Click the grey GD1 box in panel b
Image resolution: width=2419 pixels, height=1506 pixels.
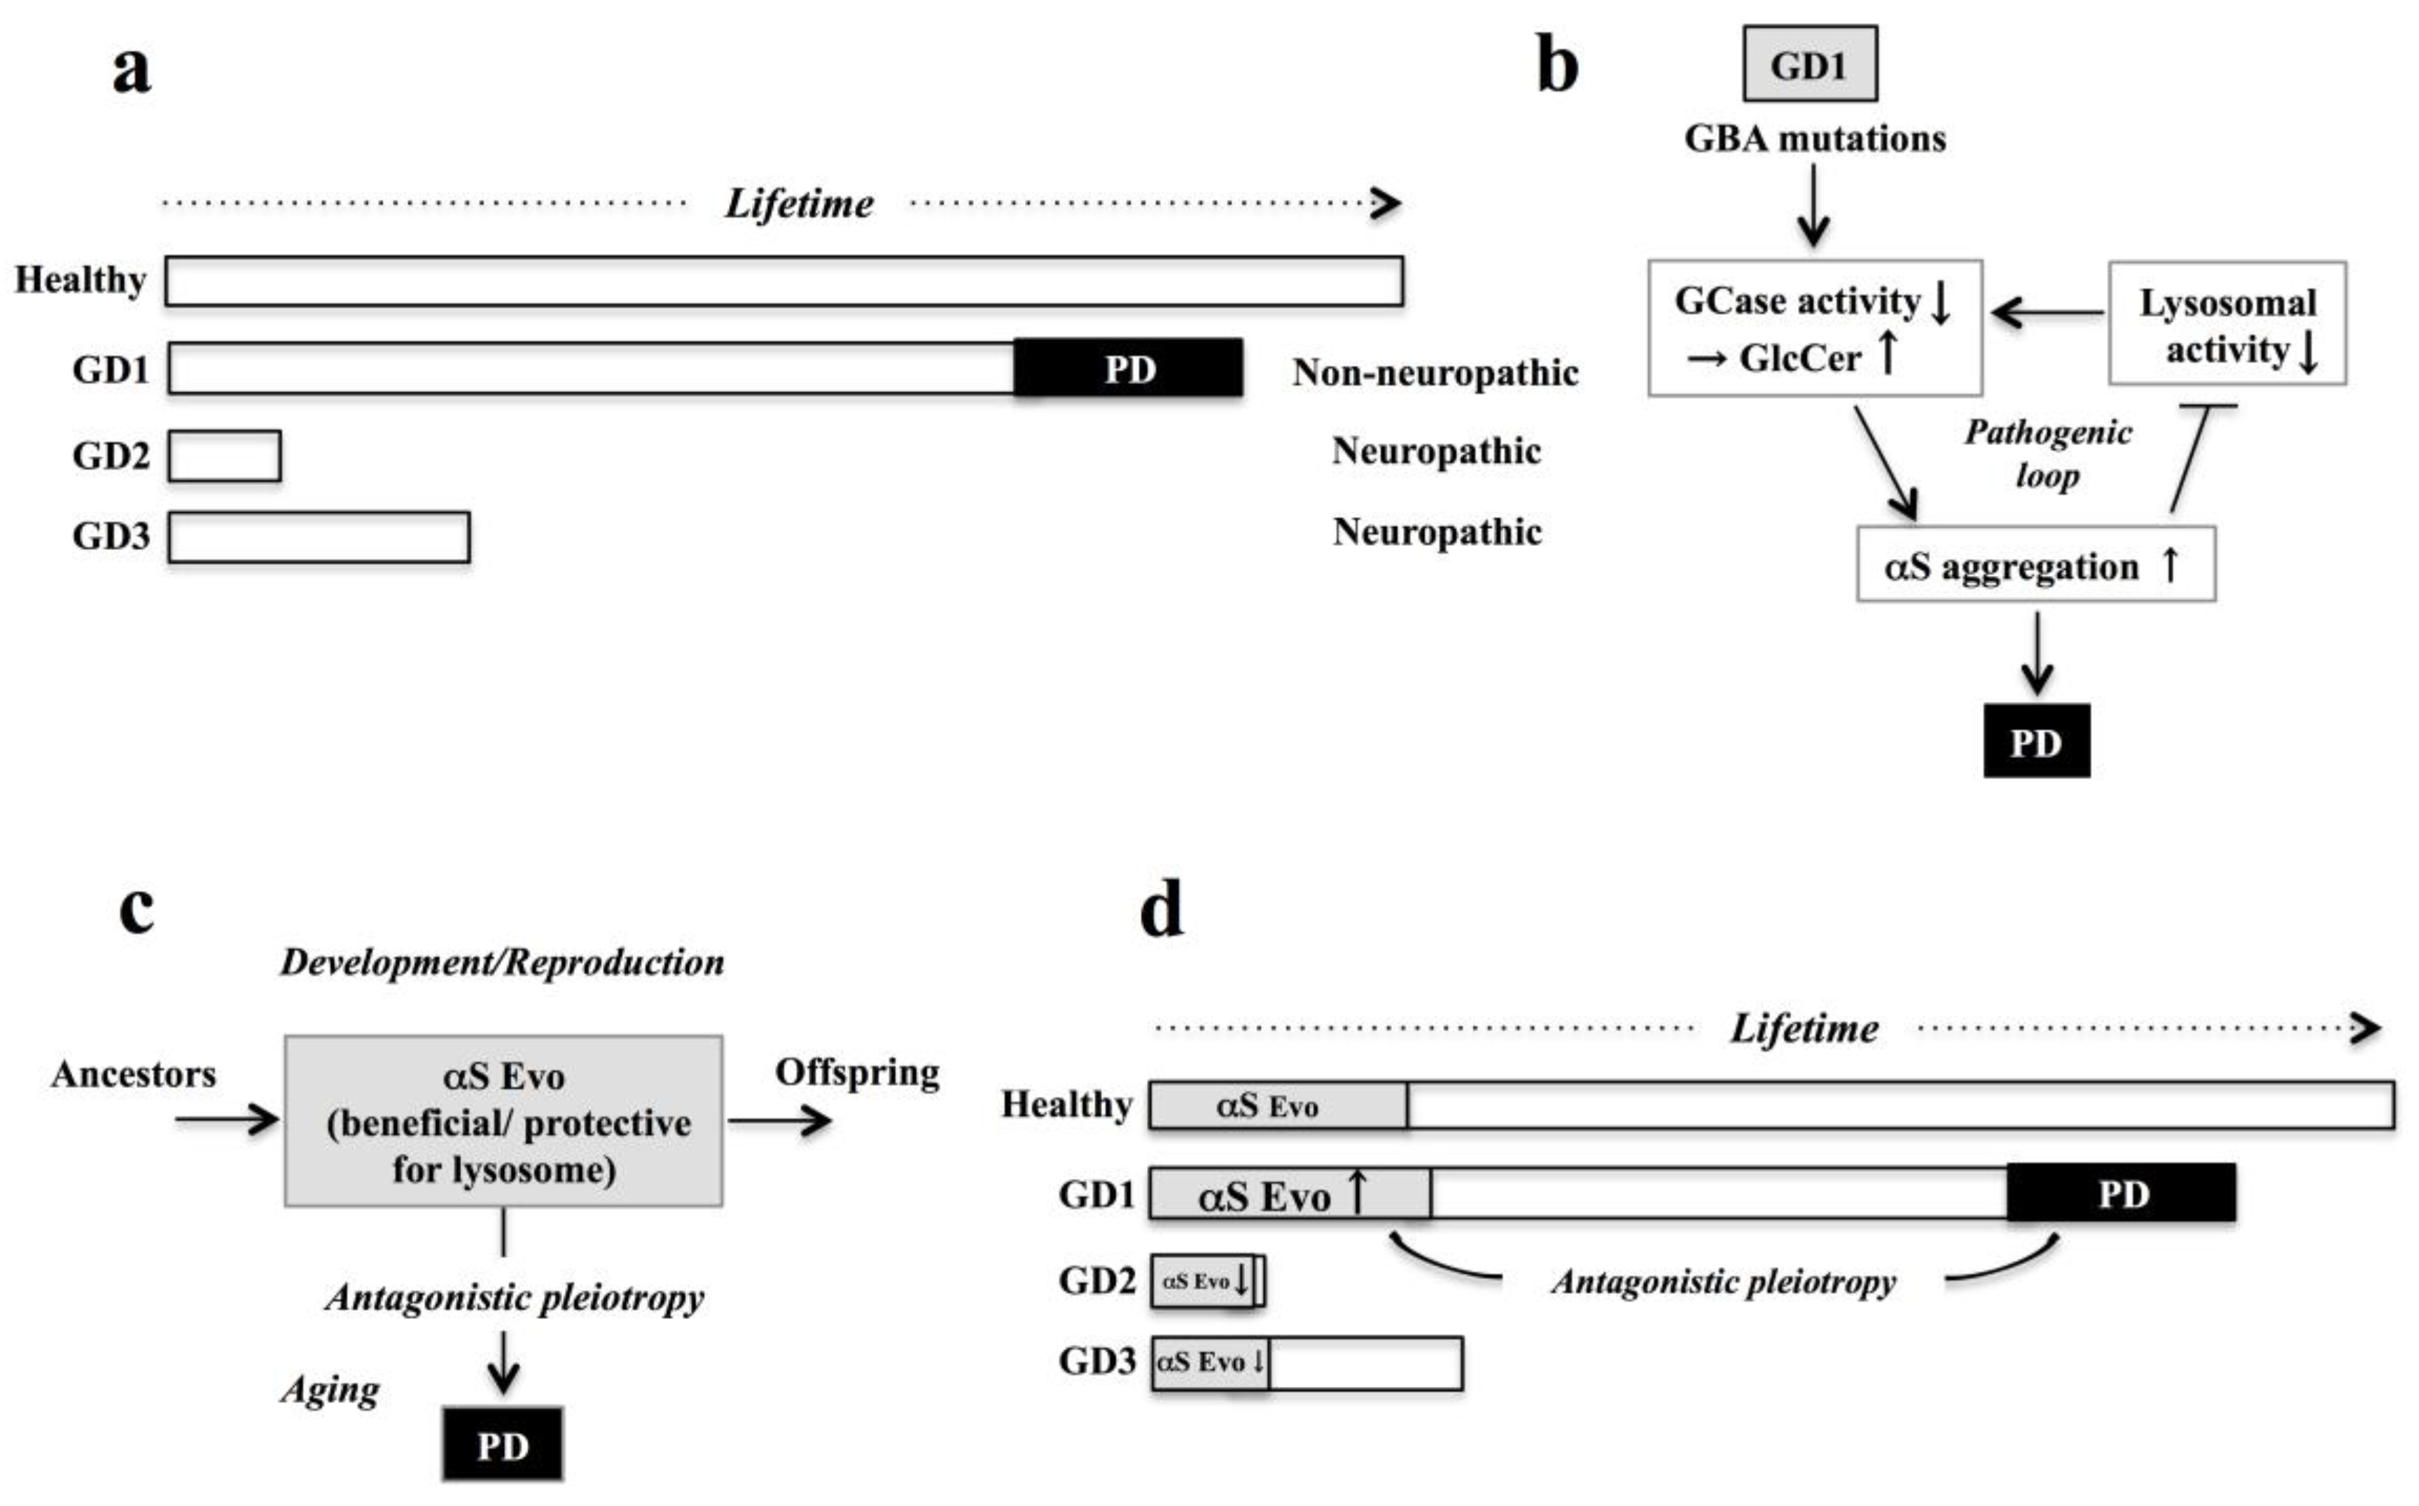click(x=1809, y=65)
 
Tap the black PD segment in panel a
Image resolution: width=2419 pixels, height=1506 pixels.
click(x=1128, y=369)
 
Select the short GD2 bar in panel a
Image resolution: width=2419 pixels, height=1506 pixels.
click(x=224, y=456)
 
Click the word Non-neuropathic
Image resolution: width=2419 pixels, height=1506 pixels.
click(x=1435, y=372)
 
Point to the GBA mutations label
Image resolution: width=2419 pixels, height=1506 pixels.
click(x=1814, y=139)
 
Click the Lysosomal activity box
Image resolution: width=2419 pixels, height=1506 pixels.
click(x=2226, y=324)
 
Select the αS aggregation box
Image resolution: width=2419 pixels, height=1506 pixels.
click(x=2035, y=565)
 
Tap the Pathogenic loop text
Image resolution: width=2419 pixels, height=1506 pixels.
click(x=2047, y=453)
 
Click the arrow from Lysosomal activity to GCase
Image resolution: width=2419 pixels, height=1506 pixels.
click(x=2047, y=313)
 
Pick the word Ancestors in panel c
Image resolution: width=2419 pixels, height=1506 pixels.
click(x=134, y=1074)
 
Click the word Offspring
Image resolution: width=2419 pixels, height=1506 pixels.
click(x=857, y=1071)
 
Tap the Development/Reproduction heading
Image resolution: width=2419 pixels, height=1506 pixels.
click(x=502, y=962)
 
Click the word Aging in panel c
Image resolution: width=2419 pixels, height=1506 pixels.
click(x=330, y=1389)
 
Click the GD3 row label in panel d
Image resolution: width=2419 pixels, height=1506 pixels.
click(x=1096, y=1360)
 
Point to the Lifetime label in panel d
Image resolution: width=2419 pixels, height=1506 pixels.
click(x=1804, y=1028)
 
